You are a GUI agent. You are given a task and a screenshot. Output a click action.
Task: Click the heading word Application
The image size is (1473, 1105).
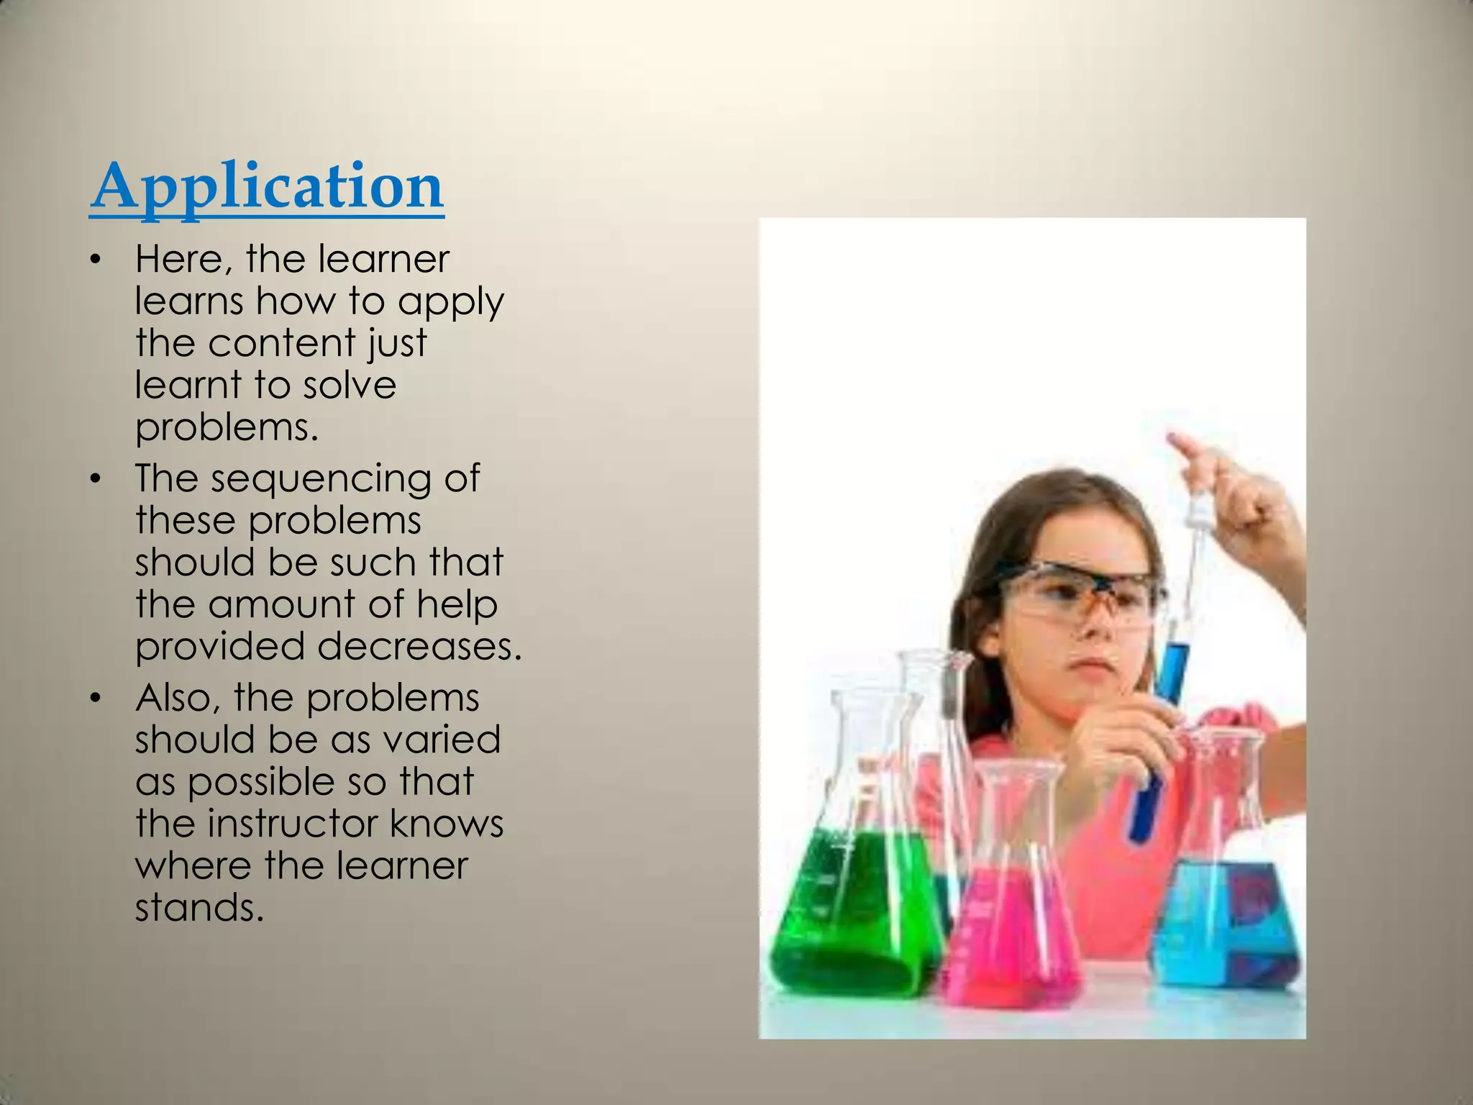coord(267,187)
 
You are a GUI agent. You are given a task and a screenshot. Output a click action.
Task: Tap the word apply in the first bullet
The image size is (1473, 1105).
coord(451,302)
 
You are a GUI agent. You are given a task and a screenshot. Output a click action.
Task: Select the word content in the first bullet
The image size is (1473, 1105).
coord(281,343)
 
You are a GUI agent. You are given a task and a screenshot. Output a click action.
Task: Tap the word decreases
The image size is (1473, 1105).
coord(419,646)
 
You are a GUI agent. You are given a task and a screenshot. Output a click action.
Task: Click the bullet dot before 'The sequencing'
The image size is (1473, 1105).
coord(94,479)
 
